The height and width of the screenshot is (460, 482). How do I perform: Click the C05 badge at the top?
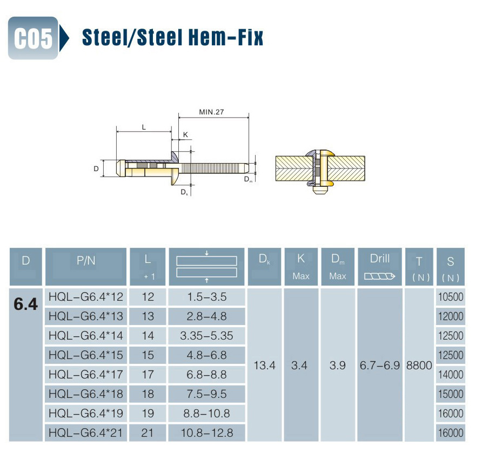point(33,38)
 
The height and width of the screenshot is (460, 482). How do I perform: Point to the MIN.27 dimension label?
point(211,112)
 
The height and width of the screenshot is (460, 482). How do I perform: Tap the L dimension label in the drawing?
point(144,127)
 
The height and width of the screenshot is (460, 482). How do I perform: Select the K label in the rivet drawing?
point(185,134)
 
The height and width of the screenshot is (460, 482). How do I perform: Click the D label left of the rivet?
point(96,168)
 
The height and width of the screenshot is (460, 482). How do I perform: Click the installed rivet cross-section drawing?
point(320,171)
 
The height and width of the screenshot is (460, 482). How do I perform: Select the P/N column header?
point(86,261)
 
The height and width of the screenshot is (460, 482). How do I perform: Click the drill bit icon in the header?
point(380,276)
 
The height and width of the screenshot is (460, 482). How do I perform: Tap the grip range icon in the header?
point(206,267)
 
